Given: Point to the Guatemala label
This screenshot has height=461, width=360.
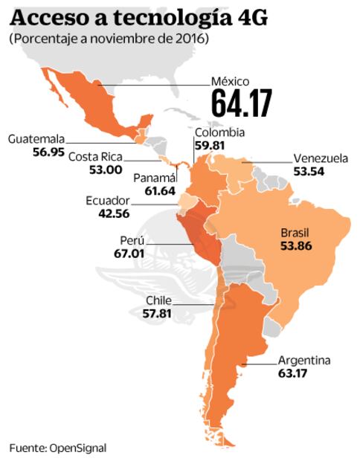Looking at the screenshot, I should (36, 138).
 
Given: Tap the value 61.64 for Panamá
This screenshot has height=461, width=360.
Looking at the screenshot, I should (154, 192).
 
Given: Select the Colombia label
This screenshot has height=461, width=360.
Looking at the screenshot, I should (219, 133).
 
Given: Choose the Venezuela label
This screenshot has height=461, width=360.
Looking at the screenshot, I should (320, 158).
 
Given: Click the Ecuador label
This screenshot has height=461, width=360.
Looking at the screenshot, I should (107, 201).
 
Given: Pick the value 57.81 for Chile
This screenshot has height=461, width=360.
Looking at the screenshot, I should (160, 314).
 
